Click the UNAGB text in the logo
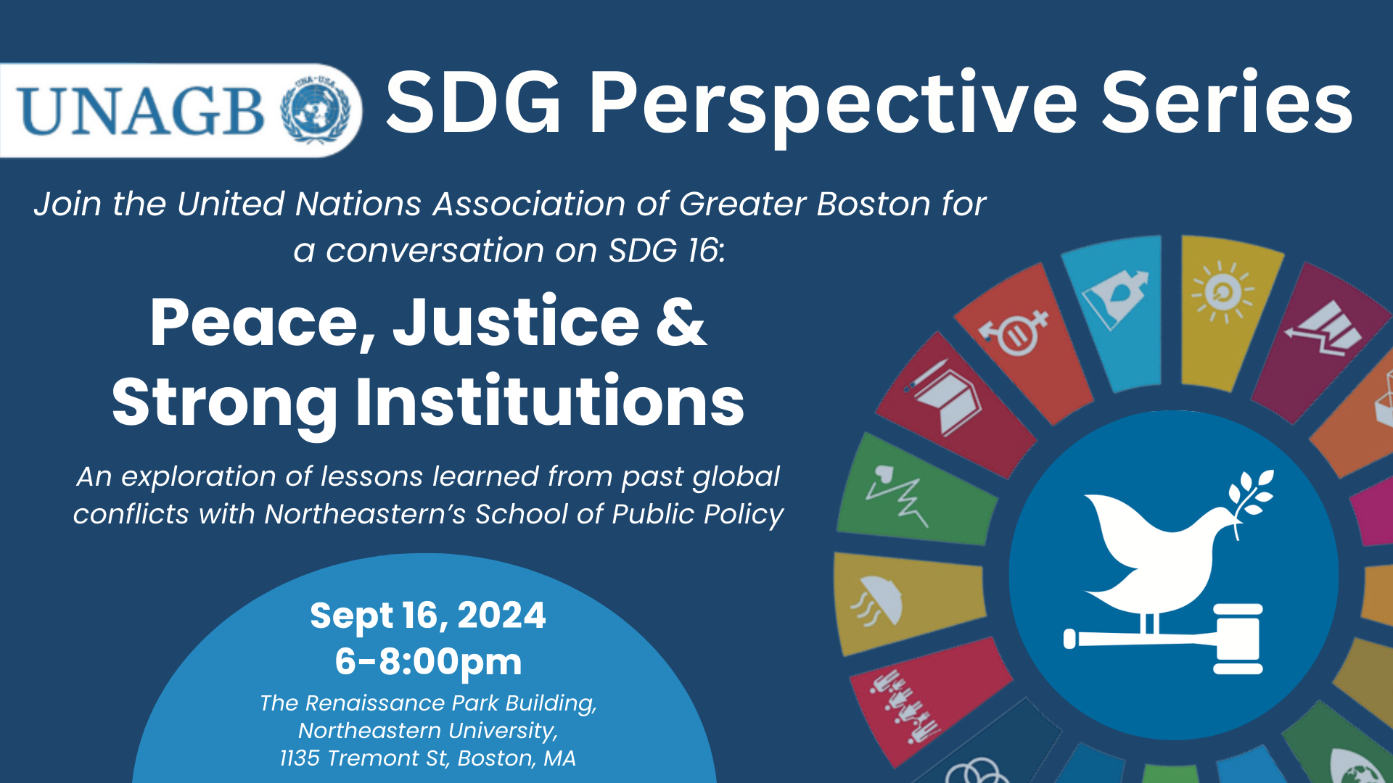141,110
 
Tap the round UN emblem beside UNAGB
320,110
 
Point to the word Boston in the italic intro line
873,204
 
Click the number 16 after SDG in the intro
702,250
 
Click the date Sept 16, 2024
427,616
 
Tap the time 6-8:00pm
428,662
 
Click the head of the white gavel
1238,639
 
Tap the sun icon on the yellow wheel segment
1223,291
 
